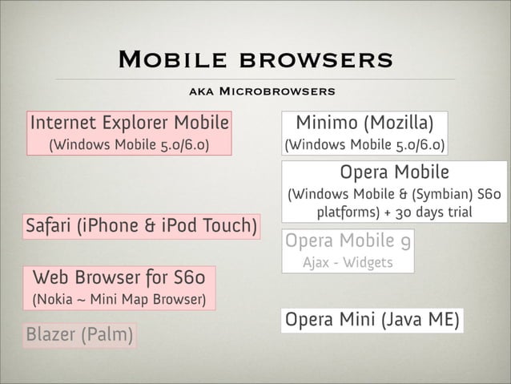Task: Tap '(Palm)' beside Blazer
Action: (x=108, y=333)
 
